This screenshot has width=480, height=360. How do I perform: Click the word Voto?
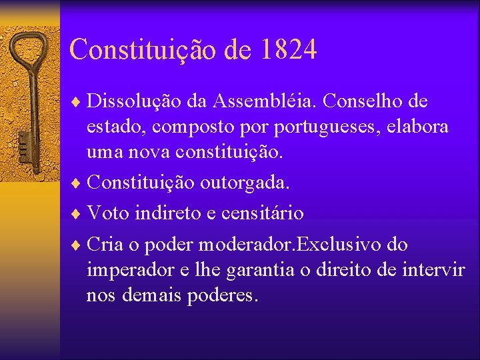[x=107, y=213]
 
